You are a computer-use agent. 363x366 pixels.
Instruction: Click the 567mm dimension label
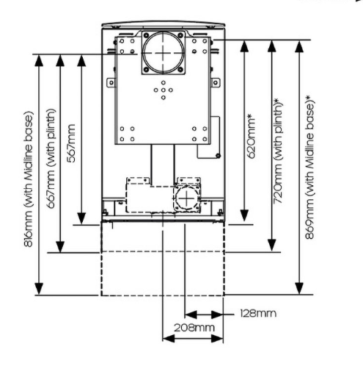pos(71,143)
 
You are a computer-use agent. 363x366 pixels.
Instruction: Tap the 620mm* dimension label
pos(252,136)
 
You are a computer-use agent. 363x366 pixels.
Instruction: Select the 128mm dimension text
pos(258,313)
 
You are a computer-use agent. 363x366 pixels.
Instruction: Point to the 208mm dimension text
pos(194,328)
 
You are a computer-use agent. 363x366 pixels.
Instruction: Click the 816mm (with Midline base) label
pos(29,179)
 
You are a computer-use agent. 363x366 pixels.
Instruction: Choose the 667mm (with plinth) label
pos(51,159)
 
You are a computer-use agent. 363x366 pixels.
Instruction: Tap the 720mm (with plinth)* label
pos(278,151)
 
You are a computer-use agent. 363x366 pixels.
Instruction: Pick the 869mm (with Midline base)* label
pos(310,167)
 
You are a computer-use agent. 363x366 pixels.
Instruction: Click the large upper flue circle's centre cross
pos(163,53)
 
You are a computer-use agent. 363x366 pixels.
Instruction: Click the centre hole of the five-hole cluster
pos(164,90)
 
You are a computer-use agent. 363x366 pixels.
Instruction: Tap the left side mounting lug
pos(111,82)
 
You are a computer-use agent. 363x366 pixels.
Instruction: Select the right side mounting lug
pos(216,82)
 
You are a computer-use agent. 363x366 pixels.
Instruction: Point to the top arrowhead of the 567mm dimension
pos(81,60)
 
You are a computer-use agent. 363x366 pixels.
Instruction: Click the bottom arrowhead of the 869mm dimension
pos(299,288)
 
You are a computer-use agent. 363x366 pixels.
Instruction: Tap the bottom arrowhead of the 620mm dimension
pos(244,215)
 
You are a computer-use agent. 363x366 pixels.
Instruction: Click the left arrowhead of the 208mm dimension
pos(169,339)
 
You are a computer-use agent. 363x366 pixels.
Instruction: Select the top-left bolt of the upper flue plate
pos(147,35)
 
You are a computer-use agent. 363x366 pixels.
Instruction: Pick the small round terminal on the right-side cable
pos(219,156)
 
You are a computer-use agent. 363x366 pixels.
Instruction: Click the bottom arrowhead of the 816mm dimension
pos(39,289)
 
